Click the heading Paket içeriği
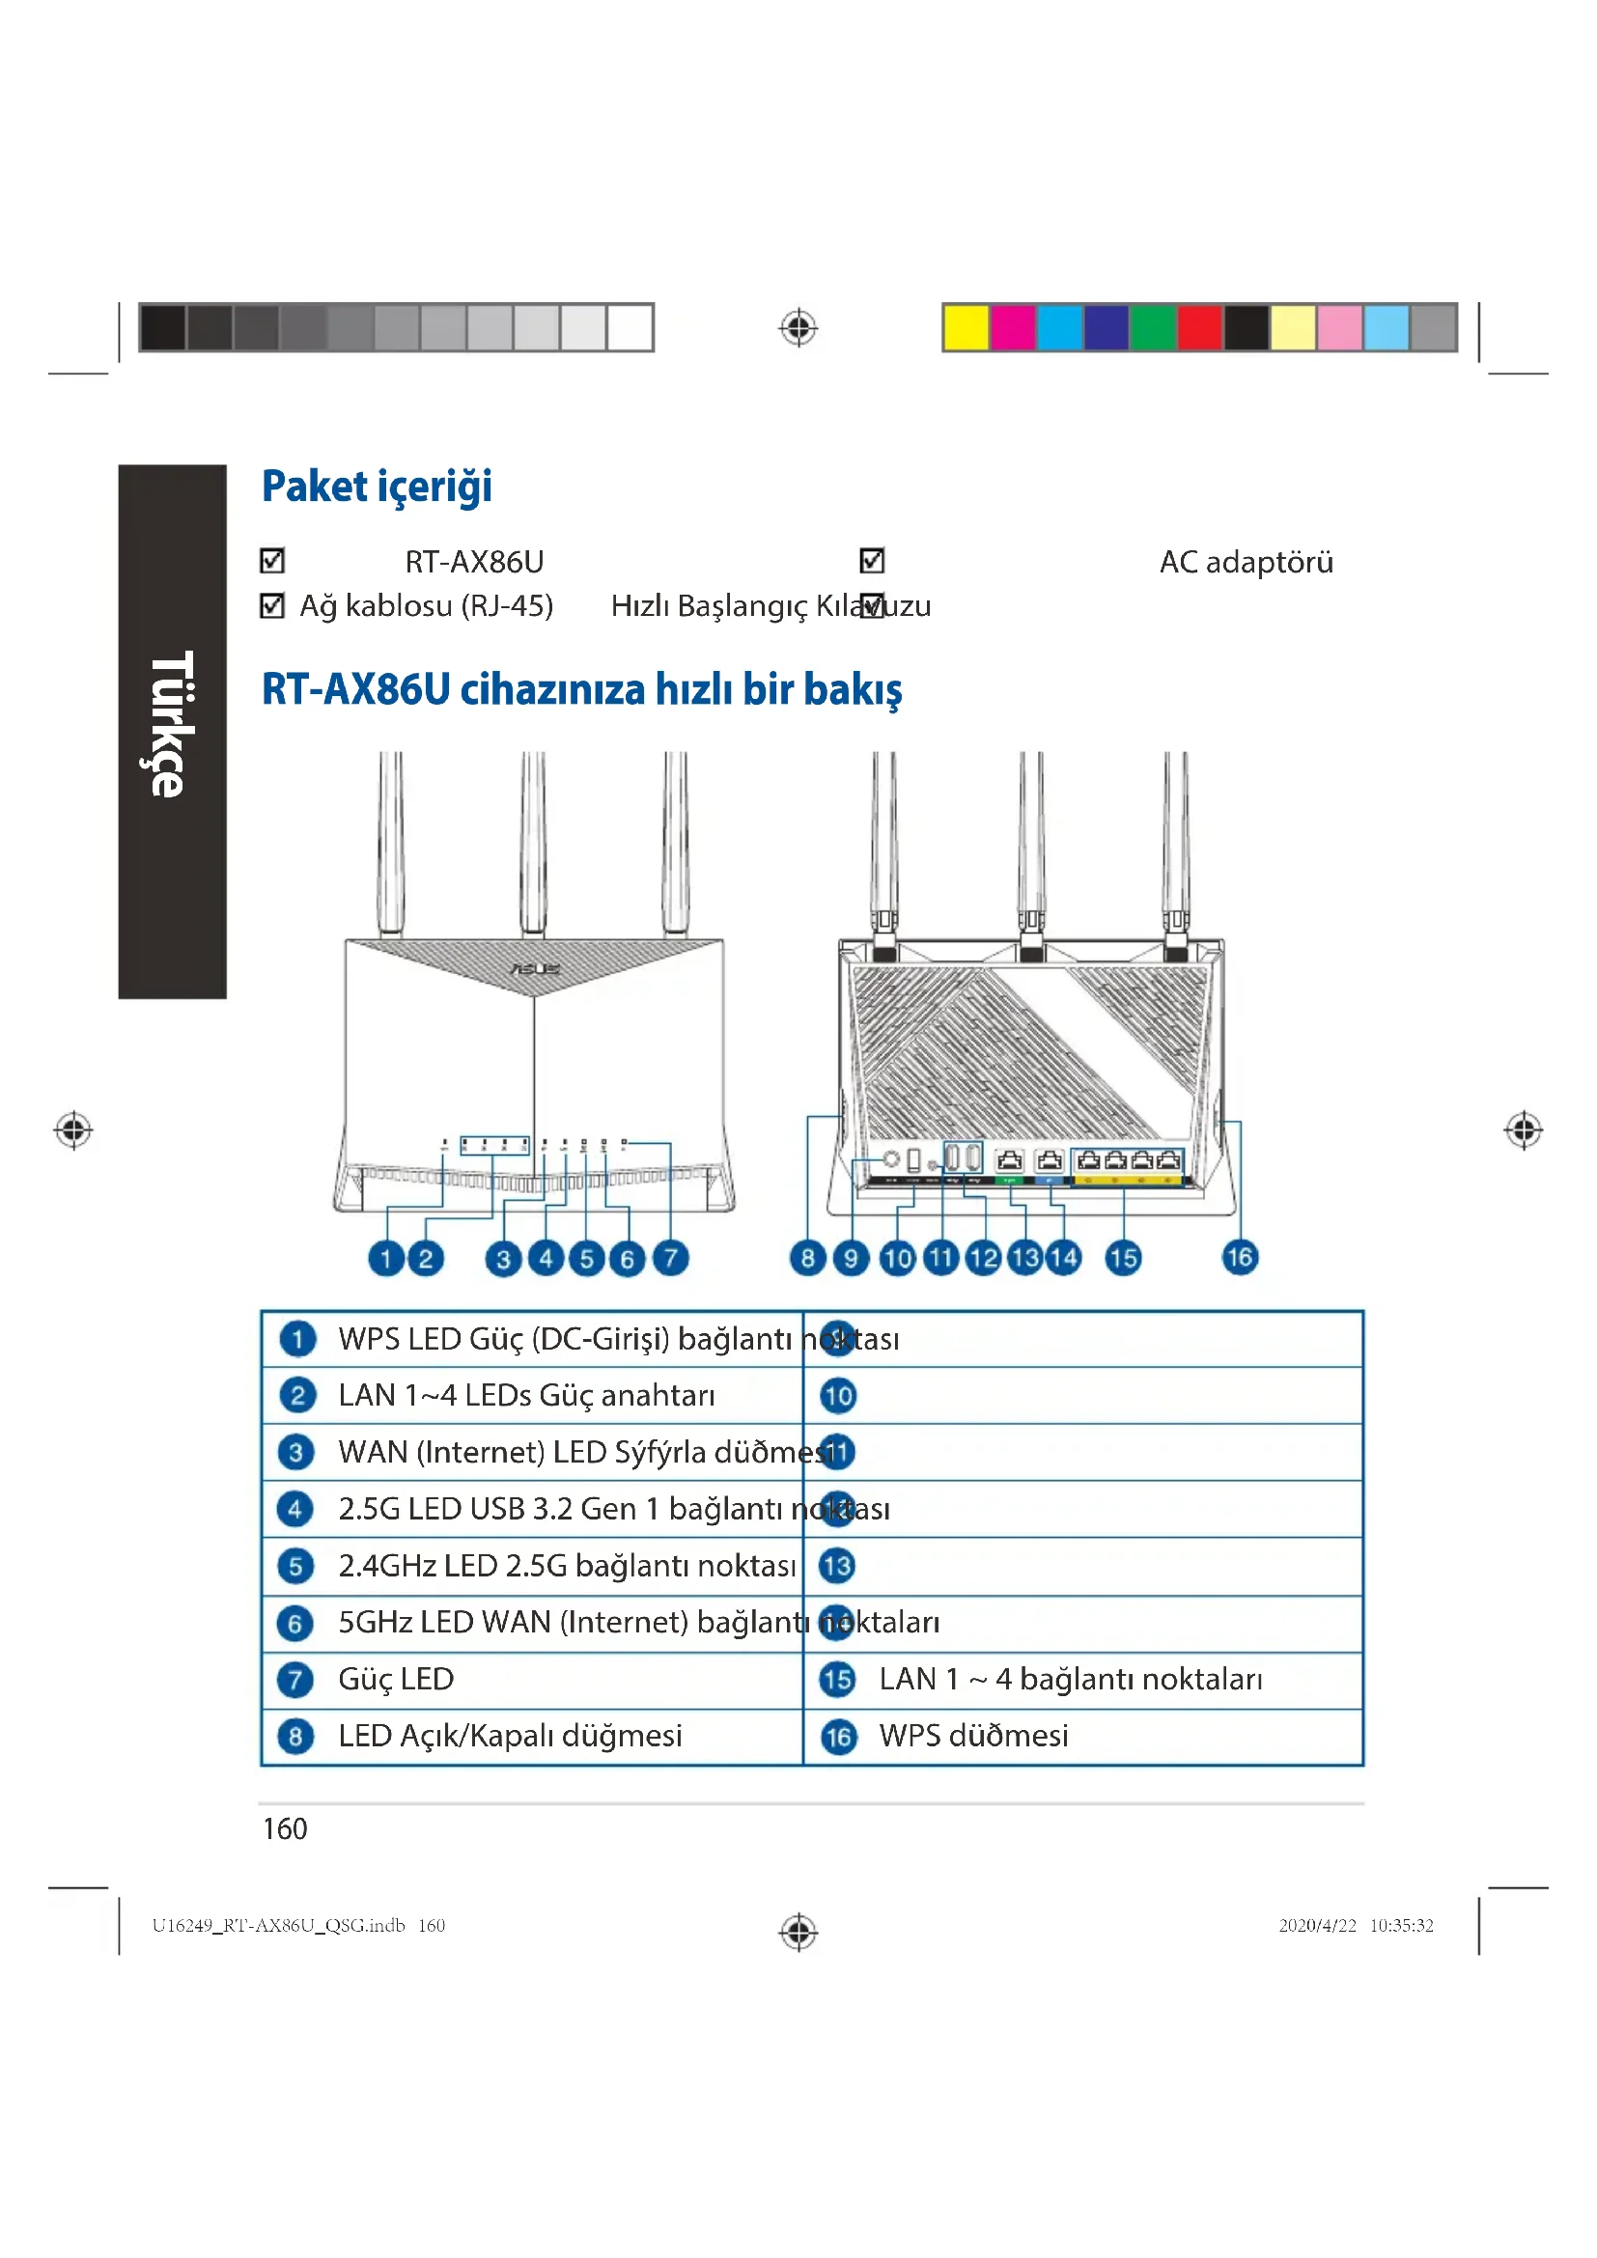click(x=377, y=487)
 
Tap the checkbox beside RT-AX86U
click(x=272, y=561)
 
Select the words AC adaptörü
click(x=1245, y=562)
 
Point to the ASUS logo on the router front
click(x=534, y=968)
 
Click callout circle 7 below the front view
click(x=671, y=1258)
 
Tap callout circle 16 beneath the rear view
click(x=1239, y=1257)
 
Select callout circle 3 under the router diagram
click(x=503, y=1259)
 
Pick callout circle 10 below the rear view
click(x=897, y=1258)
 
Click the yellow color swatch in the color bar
click(x=965, y=327)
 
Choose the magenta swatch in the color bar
click(x=1012, y=327)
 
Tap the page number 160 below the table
click(x=285, y=1828)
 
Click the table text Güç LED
click(x=395, y=1679)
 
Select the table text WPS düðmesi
click(x=972, y=1736)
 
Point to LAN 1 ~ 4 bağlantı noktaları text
click(x=1070, y=1679)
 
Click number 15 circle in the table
click(x=837, y=1679)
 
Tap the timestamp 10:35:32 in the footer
click(x=1400, y=1925)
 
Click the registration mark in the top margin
click(x=798, y=327)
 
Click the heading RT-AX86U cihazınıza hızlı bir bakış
click(x=581, y=689)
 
